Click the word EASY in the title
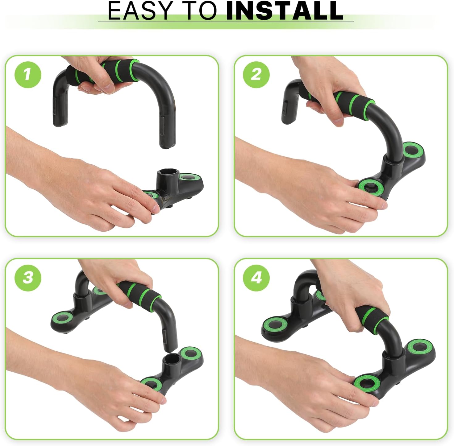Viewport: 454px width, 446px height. [x=138, y=10]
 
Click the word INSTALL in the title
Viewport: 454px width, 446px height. [x=284, y=10]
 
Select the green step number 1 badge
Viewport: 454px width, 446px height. [x=28, y=75]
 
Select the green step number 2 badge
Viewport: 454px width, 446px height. [x=256, y=75]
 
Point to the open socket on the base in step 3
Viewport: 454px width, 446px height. [x=171, y=359]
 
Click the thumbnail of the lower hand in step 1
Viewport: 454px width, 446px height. [x=155, y=208]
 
